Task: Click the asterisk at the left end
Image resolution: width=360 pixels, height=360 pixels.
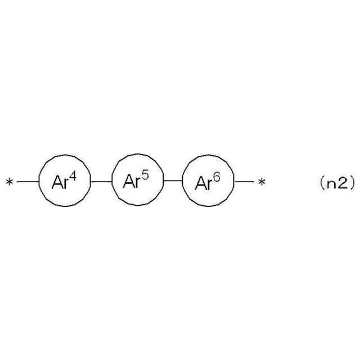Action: click(x=9, y=182)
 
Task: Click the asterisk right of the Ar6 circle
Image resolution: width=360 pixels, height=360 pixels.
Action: click(x=261, y=182)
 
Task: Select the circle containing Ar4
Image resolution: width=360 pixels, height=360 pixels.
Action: click(x=64, y=182)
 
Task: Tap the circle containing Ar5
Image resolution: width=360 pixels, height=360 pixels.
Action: click(x=137, y=181)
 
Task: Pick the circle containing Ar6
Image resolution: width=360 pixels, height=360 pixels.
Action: click(x=208, y=182)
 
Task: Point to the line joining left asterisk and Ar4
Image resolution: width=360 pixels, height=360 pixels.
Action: click(x=28, y=182)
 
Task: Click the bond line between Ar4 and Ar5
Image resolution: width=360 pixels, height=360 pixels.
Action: click(x=101, y=182)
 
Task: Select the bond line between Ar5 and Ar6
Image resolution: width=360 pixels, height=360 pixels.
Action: click(x=173, y=182)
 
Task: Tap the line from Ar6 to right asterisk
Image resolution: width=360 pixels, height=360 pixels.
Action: click(x=244, y=182)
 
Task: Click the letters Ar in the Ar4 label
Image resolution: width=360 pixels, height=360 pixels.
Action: click(x=60, y=183)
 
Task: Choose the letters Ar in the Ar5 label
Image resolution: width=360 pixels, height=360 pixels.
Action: click(x=132, y=182)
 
